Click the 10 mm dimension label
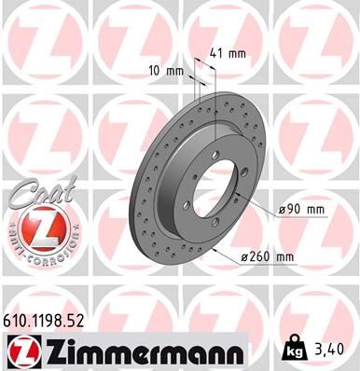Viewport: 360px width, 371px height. [x=164, y=70]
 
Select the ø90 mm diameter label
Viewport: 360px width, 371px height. [x=300, y=210]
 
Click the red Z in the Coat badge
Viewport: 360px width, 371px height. [x=35, y=228]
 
